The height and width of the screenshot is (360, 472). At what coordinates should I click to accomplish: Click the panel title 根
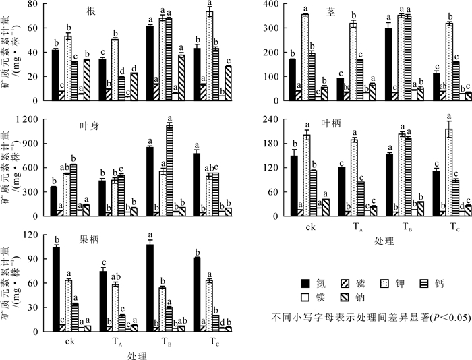pos(90,11)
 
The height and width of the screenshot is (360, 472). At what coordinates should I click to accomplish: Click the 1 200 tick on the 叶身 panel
pos(30,119)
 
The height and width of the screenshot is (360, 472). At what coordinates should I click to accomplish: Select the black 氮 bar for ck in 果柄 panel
pos(56,289)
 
